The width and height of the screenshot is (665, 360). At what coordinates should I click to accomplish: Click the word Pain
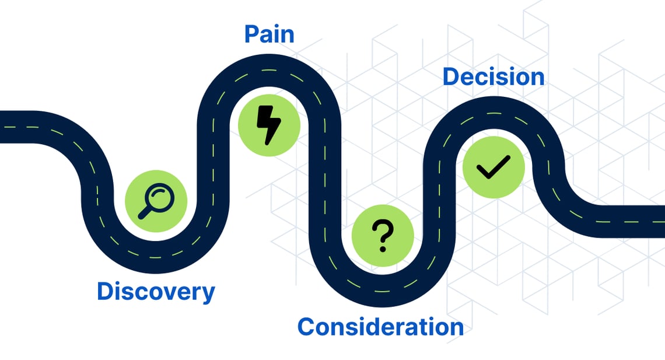(269, 34)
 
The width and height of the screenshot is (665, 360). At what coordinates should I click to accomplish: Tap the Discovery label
(156, 292)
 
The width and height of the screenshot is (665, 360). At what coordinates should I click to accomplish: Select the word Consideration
(380, 327)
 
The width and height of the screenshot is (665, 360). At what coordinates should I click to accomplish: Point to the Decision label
(493, 77)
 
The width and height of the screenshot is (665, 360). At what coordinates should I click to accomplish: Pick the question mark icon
(383, 236)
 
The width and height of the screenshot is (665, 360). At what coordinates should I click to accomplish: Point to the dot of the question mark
(383, 249)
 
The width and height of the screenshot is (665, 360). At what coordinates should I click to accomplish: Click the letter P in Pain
(251, 34)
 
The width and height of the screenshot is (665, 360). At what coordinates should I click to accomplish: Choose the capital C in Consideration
(307, 327)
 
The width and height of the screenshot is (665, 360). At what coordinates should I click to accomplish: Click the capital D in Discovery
(106, 291)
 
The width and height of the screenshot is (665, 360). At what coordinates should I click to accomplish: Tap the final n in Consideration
(456, 328)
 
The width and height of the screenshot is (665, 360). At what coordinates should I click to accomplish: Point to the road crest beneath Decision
(494, 111)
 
